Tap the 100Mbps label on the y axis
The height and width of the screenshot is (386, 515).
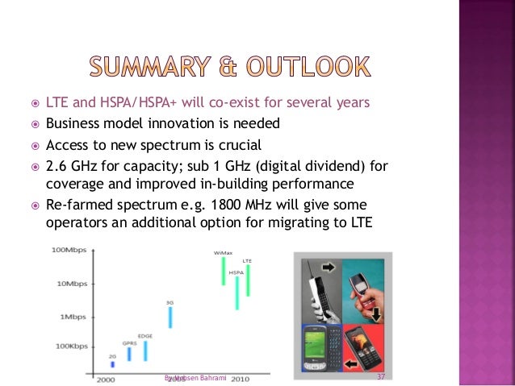69,251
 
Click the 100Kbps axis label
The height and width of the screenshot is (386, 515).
70,347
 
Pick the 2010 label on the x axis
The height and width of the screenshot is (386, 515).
239,379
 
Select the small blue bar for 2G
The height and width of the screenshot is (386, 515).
112,364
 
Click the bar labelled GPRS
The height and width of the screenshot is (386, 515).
129,352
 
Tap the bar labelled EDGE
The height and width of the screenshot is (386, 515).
145,350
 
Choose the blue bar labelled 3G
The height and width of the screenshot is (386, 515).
170,317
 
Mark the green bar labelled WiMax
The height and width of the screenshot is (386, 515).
224,271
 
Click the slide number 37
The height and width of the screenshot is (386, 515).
381,377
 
